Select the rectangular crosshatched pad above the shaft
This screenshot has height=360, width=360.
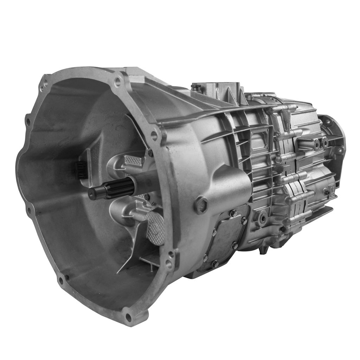click(134, 161)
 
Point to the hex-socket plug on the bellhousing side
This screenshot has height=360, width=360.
click(201, 205)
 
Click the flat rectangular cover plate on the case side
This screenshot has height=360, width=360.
click(225, 239)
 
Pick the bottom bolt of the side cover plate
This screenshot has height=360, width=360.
click(215, 264)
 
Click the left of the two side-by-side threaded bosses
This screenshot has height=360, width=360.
click(317, 144)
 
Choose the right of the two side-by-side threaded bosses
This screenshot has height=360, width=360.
click(325, 142)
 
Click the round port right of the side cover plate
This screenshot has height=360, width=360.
click(262, 218)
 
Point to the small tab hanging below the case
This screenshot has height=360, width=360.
click(262, 251)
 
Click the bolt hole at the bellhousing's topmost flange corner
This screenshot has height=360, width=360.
click(117, 82)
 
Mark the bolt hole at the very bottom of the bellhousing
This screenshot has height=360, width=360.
click(128, 317)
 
